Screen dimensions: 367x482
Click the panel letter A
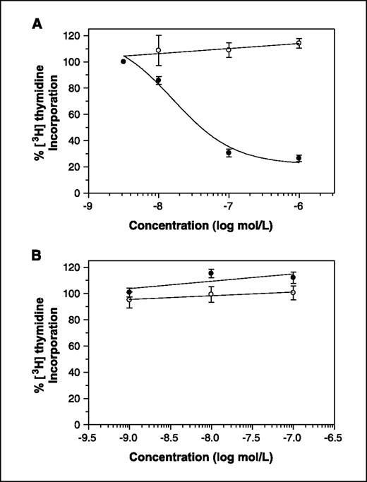click(37, 24)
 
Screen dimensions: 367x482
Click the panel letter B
click(37, 255)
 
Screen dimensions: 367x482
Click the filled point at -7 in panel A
click(229, 152)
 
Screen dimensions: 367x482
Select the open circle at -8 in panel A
click(158, 50)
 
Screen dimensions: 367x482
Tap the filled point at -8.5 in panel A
click(124, 61)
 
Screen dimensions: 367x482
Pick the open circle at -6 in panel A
click(299, 43)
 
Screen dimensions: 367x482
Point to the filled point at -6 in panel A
click(299, 158)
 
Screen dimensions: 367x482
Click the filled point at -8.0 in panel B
click(211, 273)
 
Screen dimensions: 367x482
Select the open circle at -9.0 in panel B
click(129, 299)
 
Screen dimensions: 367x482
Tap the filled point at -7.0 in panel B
click(293, 277)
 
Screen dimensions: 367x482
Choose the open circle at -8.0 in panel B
click(211, 294)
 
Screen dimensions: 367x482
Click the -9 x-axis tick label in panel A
click(88, 205)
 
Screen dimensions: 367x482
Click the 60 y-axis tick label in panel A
click(76, 114)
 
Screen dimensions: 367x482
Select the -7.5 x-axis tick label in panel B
click(252, 437)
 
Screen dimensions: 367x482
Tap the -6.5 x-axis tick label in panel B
click(334, 437)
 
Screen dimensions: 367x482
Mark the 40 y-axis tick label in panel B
click(76, 372)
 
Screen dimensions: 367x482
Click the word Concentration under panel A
click(169, 226)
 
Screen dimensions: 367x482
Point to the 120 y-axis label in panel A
click(73, 36)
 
